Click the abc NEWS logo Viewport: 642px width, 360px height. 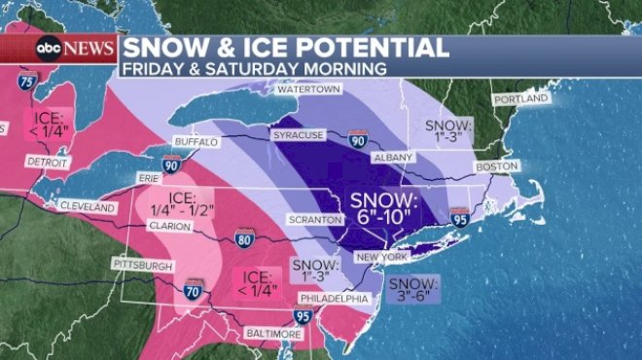click(76, 48)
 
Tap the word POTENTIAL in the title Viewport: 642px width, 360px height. click(379, 47)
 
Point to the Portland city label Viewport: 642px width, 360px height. click(520, 99)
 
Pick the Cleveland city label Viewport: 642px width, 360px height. click(87, 206)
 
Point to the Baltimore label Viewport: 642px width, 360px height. click(274, 334)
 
